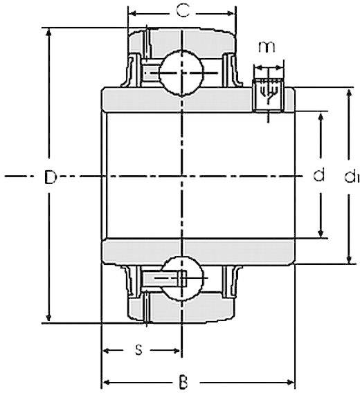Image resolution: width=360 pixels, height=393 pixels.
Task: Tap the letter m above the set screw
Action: (266, 46)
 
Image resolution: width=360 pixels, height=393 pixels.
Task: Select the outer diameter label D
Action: (49, 177)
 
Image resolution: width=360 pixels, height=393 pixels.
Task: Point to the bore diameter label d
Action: (319, 176)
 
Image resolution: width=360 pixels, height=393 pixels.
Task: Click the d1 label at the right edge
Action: (350, 178)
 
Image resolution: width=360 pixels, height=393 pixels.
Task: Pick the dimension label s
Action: (138, 350)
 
